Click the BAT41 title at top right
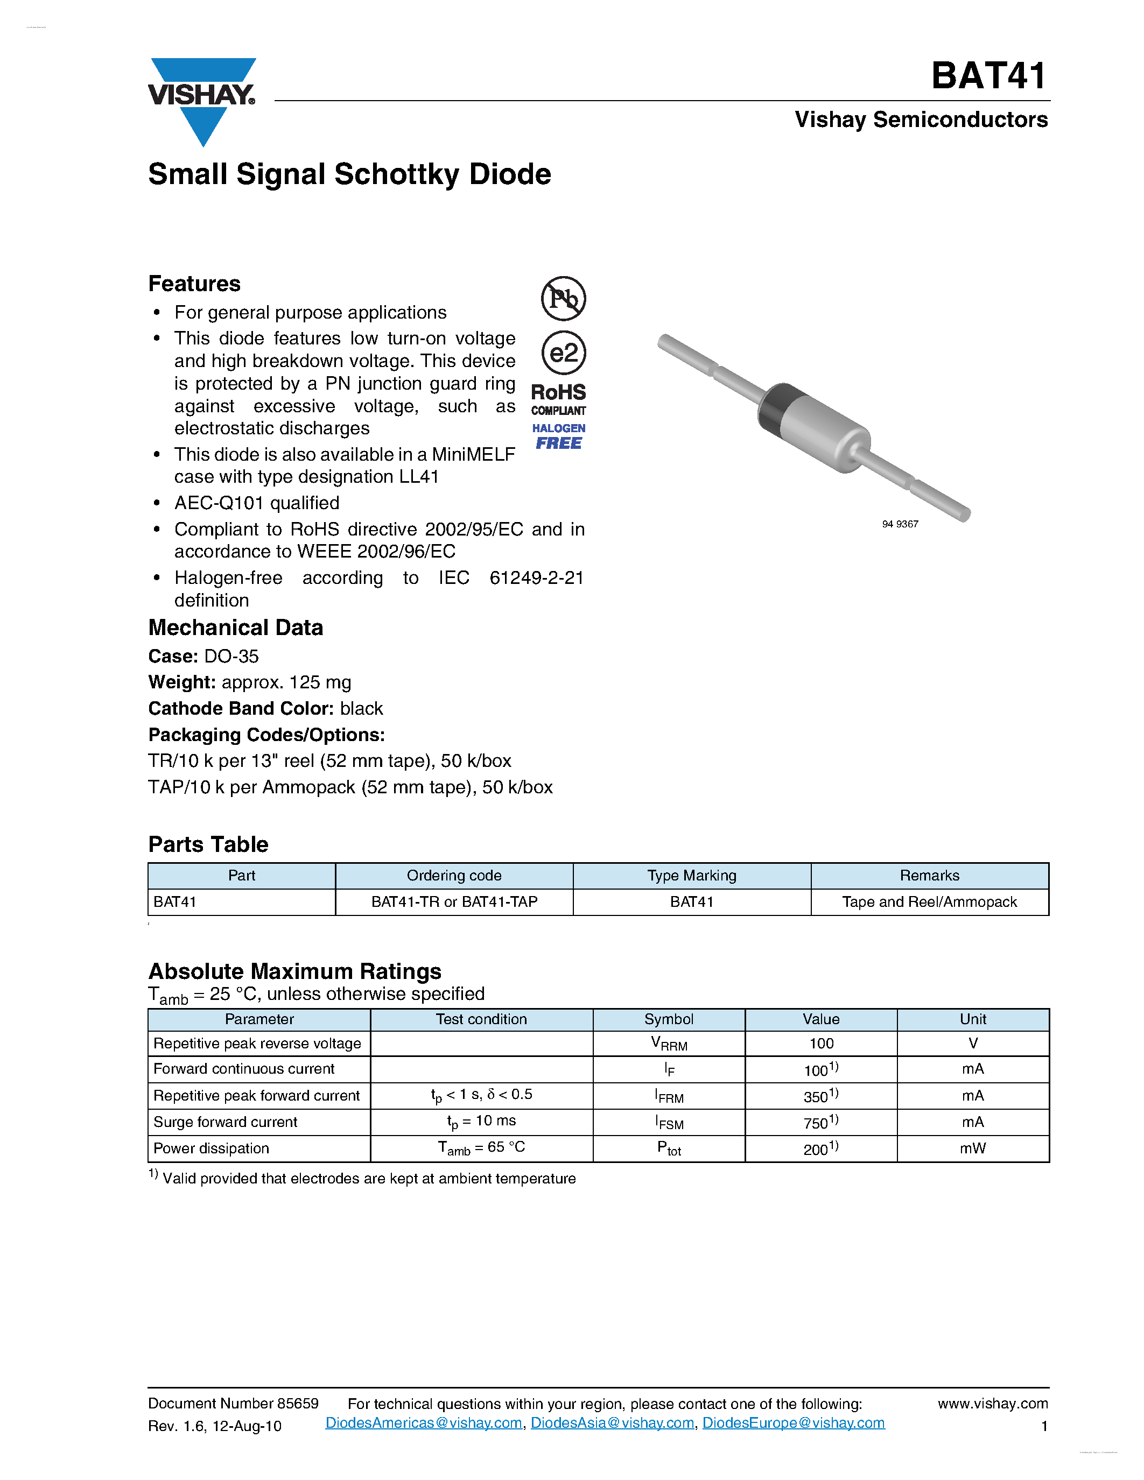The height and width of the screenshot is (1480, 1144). (989, 76)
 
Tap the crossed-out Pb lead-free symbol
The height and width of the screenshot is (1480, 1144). (563, 298)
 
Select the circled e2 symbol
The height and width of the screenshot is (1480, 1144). (563, 353)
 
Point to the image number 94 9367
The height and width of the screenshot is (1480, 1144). (900, 524)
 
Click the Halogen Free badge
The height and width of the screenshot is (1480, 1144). (558, 437)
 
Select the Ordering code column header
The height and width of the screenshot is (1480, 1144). (454, 876)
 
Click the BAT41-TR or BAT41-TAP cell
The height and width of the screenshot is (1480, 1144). (454, 902)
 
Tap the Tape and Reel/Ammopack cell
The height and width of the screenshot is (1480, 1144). (929, 902)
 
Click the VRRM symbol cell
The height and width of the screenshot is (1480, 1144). (669, 1044)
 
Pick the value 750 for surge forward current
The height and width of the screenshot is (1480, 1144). (820, 1122)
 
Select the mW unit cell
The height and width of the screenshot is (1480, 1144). (973, 1148)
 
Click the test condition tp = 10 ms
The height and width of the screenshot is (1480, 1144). (481, 1122)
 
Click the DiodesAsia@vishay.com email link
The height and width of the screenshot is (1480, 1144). (612, 1423)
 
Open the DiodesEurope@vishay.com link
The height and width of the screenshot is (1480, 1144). (793, 1423)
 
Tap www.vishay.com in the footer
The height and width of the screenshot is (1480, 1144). (992, 1404)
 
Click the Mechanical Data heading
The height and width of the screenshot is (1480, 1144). (235, 628)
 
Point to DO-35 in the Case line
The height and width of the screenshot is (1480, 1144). (231, 656)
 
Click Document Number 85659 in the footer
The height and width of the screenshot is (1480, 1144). (233, 1404)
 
